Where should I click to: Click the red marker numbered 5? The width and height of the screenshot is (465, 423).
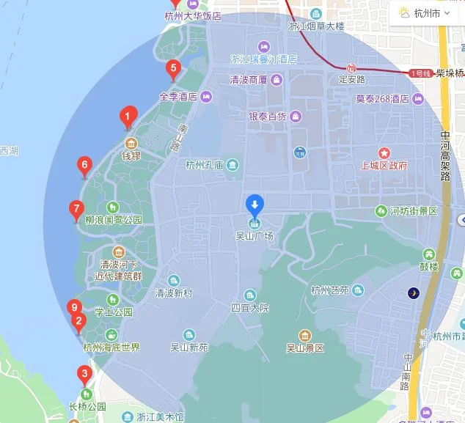click(x=173, y=70)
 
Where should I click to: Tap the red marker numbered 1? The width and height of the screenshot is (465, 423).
click(x=128, y=116)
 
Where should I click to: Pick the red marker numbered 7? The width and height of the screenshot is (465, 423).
click(x=76, y=209)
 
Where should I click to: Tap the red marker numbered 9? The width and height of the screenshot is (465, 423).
click(x=73, y=307)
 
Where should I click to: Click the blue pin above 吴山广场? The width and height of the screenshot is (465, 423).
click(x=254, y=204)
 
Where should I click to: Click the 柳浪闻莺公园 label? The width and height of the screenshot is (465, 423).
click(x=113, y=220)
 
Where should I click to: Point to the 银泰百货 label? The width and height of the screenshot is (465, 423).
click(x=268, y=117)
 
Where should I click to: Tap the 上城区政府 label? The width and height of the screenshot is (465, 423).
click(x=384, y=165)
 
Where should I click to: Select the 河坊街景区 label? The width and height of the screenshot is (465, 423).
click(x=413, y=211)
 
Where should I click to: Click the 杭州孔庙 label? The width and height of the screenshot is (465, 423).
click(x=205, y=164)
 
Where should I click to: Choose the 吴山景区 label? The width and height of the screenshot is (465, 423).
click(x=304, y=347)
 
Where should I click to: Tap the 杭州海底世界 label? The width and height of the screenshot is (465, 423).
click(x=111, y=347)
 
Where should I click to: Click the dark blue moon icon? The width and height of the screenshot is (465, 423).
click(x=414, y=293)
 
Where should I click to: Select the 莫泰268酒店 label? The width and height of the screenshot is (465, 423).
click(x=382, y=98)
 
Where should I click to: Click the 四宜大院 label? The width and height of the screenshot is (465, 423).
click(x=251, y=307)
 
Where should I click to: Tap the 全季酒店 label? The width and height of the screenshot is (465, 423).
click(x=178, y=96)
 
